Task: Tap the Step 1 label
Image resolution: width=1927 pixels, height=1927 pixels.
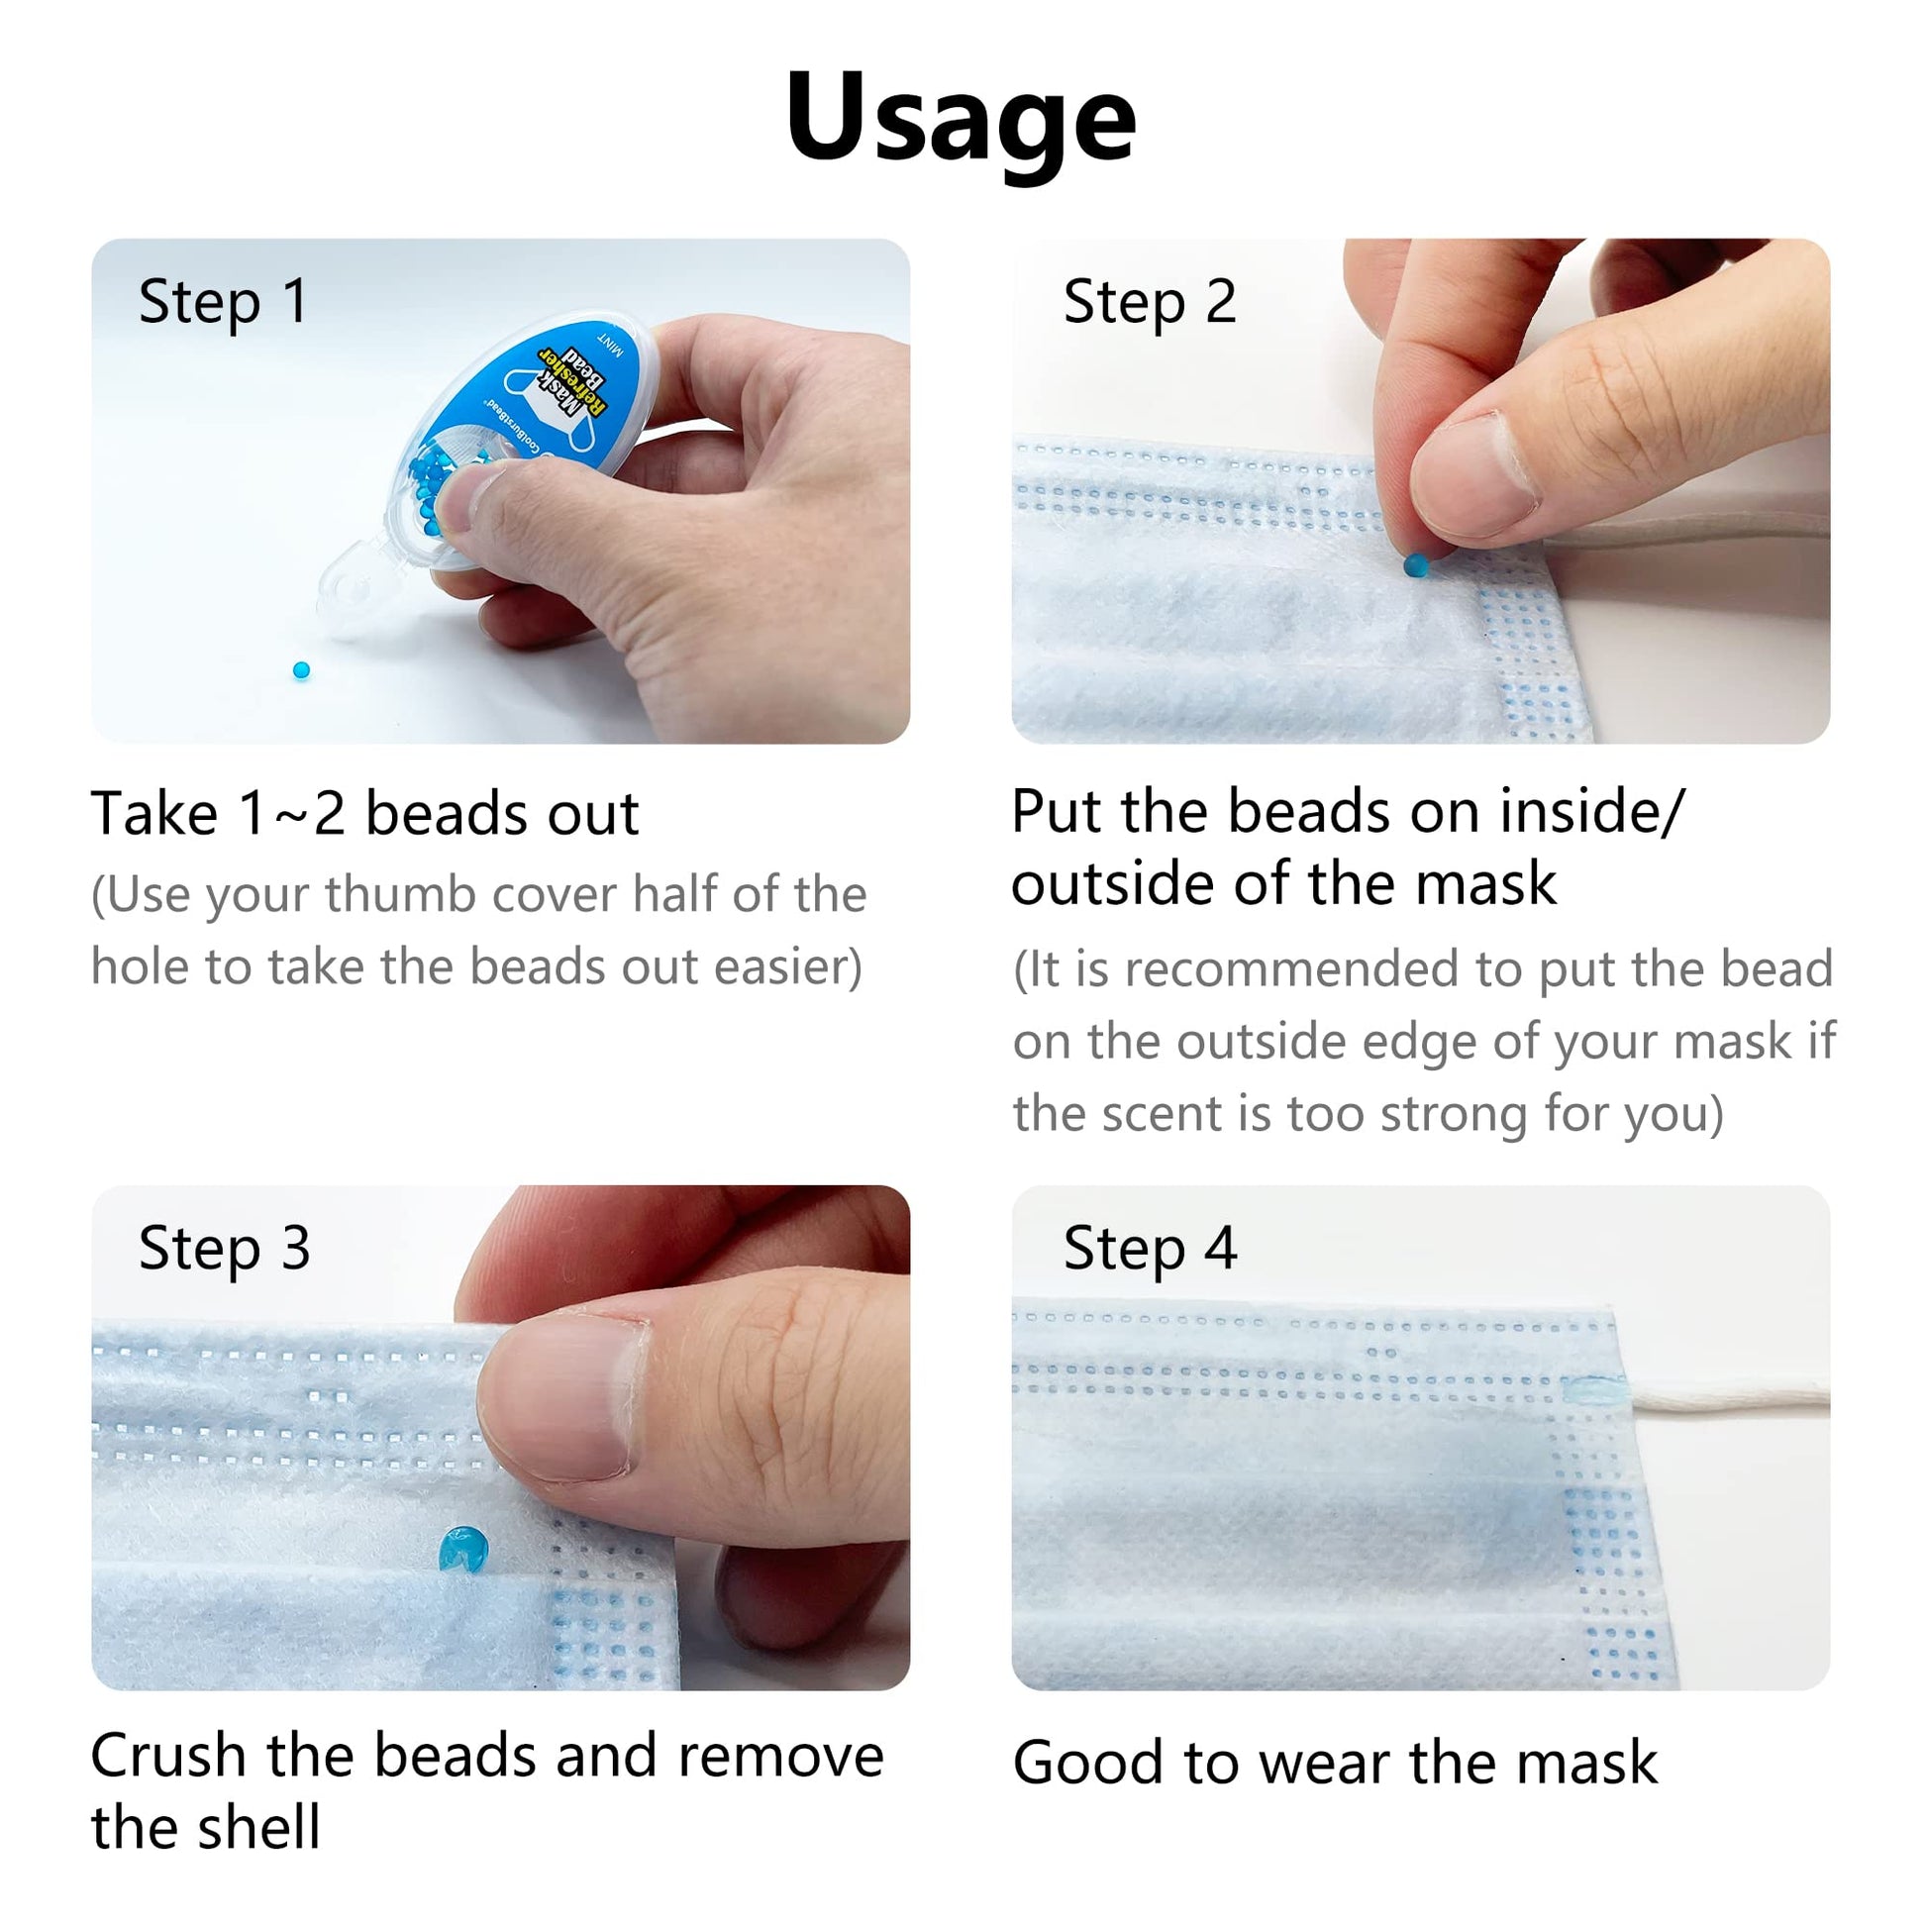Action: tap(224, 301)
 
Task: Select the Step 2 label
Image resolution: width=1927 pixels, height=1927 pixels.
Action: tap(1149, 301)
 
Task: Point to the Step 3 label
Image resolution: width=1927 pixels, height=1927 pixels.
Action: tap(225, 1248)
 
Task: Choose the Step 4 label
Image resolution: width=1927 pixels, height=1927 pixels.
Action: tap(1149, 1248)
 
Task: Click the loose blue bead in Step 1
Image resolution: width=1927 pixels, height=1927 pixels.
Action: tap(301, 670)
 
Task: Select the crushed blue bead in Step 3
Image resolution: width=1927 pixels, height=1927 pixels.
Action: tap(463, 1550)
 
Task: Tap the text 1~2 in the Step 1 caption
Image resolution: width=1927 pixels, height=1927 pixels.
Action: tap(292, 814)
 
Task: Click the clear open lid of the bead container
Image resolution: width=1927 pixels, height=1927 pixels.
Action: tap(355, 588)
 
